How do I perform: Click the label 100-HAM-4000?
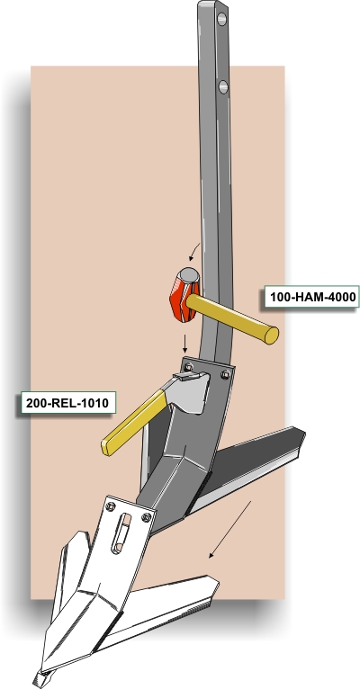pos(312,297)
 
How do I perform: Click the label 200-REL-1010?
pos(67,403)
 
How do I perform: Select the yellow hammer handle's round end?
pos(272,336)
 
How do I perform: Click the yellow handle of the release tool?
pos(134,423)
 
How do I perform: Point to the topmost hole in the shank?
pos(222,19)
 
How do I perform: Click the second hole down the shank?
pos(223,86)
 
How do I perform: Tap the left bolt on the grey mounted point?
pos(189,367)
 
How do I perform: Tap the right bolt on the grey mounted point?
pos(226,374)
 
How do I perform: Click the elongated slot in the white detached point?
pos(121,533)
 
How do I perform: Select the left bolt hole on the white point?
pos(111,506)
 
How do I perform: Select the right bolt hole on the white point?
pos(147,517)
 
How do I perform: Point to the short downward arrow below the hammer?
pos(185,344)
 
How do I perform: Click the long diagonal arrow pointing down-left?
pos(229,530)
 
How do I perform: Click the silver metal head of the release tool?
pos(187,392)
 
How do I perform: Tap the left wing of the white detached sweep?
pos(70,571)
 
